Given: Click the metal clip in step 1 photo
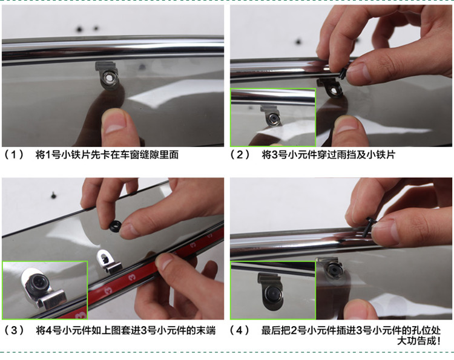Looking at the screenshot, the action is [x=108, y=75].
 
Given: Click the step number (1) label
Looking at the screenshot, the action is [x=13, y=154].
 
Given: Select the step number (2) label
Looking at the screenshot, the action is [x=240, y=154].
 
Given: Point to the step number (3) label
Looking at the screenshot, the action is [x=13, y=330].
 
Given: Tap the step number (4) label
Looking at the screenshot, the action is [x=240, y=330].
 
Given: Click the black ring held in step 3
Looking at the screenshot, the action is [x=115, y=226].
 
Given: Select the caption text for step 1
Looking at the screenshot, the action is [x=107, y=154].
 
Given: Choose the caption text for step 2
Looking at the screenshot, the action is [x=328, y=154].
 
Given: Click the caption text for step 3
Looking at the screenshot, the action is [x=126, y=330].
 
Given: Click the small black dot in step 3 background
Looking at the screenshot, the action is [x=53, y=195].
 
